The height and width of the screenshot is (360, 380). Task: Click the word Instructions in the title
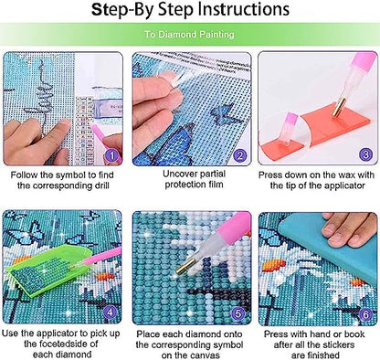coord(244,10)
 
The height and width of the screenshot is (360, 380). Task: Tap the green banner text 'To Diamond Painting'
coord(189,34)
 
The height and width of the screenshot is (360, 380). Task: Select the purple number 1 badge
coord(112,156)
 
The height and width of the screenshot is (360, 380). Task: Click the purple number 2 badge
coord(240,156)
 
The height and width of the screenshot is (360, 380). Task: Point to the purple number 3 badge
coord(366,154)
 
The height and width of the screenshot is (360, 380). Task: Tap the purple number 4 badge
coord(111,312)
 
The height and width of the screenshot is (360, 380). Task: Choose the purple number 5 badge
coord(238,313)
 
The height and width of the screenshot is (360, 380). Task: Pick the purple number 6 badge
coord(366,314)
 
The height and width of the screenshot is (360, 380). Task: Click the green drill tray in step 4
coord(48,271)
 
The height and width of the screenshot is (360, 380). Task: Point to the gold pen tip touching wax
coord(339,106)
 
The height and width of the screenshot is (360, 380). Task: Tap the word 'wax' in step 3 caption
coord(349,175)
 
